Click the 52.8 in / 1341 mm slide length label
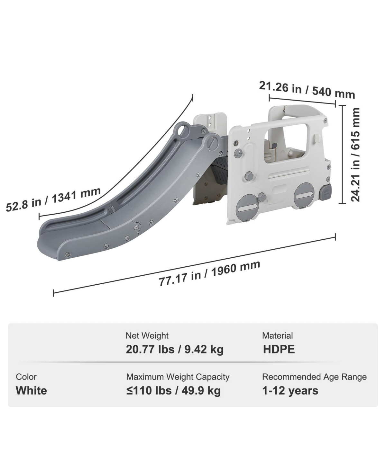53,199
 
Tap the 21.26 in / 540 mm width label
307,90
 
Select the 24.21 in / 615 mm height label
355,155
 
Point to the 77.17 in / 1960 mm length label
209,273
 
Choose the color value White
31,390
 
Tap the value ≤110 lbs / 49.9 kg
173,391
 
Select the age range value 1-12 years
290,391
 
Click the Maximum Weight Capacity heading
178,377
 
